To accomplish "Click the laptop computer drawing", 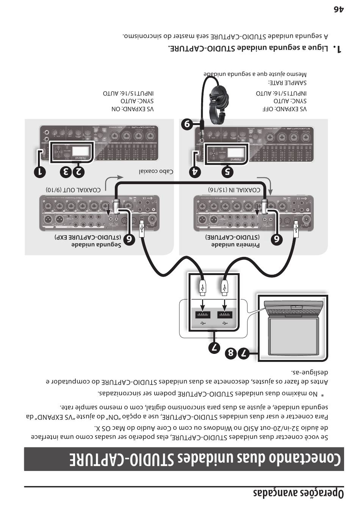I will pyautogui.click(x=293, y=327).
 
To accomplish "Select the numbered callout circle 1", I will pyautogui.click(x=39, y=172).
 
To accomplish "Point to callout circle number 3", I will pyautogui.click(x=66, y=172).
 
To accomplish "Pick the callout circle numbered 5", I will pyautogui.click(x=227, y=172).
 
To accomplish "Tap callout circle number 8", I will pyautogui.click(x=230, y=354).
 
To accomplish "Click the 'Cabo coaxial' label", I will pyautogui.click(x=156, y=171).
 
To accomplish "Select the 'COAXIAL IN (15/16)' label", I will pyautogui.click(x=234, y=189).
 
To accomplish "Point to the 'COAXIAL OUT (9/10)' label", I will pyautogui.click(x=73, y=189).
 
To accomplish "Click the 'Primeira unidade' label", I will pyautogui.click(x=235, y=245).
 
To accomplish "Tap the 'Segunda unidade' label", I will pyautogui.click(x=96, y=245).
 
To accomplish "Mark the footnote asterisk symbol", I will pyautogui.click(x=322, y=396).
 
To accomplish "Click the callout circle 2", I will pyautogui.click(x=78, y=172).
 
